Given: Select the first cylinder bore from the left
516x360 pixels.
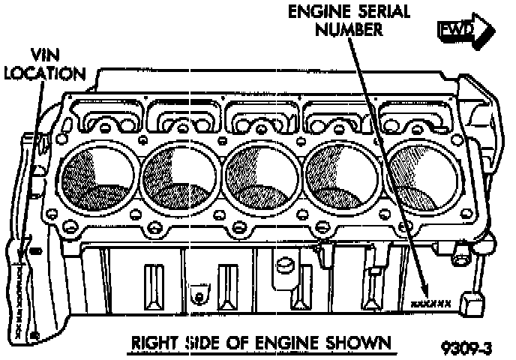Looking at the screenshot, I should (97, 175).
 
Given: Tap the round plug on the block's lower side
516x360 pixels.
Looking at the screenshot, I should (283, 264).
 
